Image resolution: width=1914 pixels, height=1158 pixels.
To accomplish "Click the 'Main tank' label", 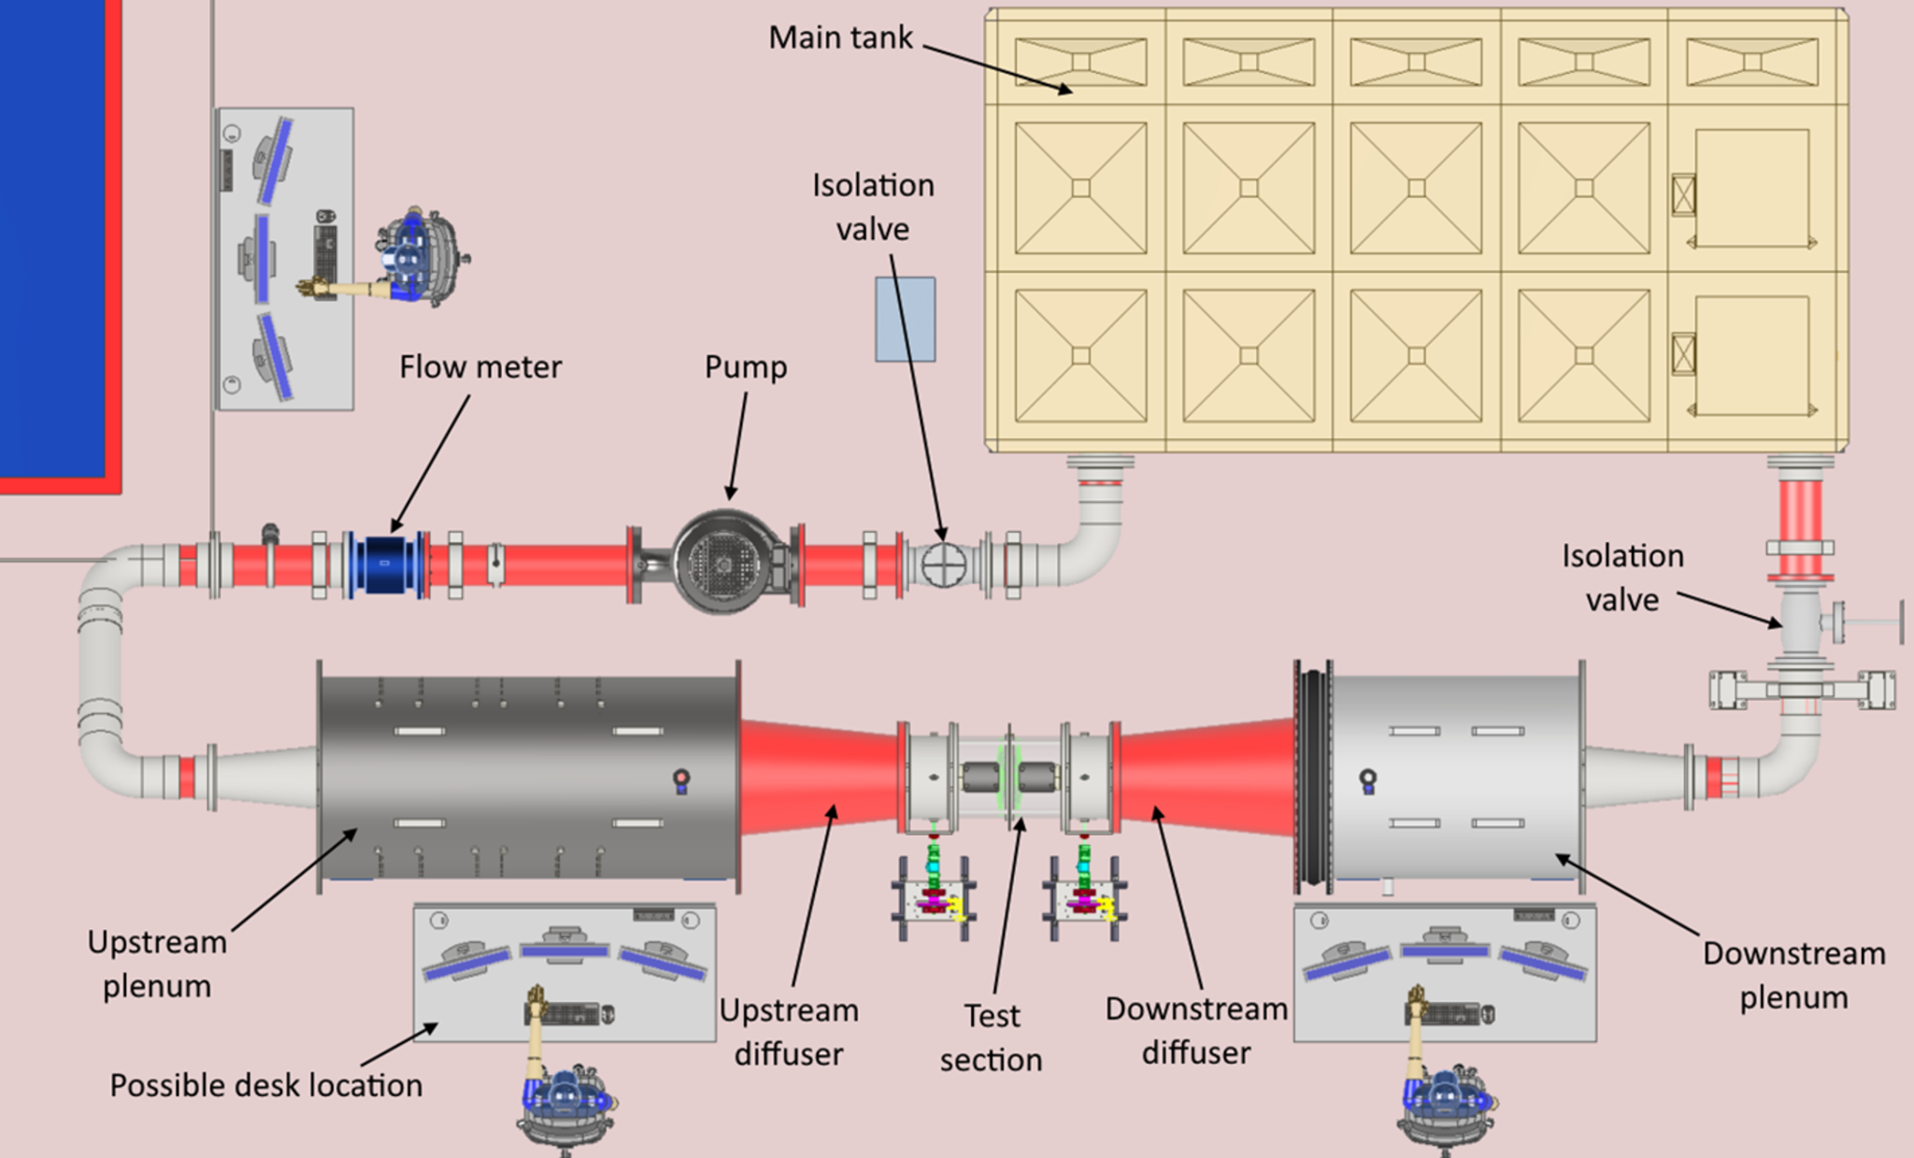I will click(x=840, y=37).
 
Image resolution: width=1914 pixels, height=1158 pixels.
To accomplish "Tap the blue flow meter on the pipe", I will click(x=384, y=564).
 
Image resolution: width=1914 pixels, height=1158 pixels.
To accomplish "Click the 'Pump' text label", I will click(x=745, y=367).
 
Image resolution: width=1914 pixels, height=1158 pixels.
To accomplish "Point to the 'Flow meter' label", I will click(x=480, y=367).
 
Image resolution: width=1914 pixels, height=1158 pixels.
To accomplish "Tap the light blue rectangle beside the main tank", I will click(x=905, y=319).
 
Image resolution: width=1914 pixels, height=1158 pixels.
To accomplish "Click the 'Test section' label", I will click(x=991, y=1037).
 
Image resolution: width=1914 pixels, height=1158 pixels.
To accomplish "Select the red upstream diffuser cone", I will click(x=818, y=776).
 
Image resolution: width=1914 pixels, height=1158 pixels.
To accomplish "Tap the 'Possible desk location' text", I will click(x=266, y=1085).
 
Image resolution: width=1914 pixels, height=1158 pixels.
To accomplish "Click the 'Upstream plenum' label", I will click(x=157, y=964).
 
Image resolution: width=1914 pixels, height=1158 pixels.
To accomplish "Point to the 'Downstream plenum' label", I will click(x=1793, y=975).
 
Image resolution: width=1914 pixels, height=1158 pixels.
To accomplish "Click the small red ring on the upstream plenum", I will click(x=681, y=778).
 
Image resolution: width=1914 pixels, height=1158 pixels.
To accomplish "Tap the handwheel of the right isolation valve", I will click(x=1901, y=622).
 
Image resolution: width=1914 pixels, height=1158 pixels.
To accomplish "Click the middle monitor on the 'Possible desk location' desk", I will click(x=564, y=950).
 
